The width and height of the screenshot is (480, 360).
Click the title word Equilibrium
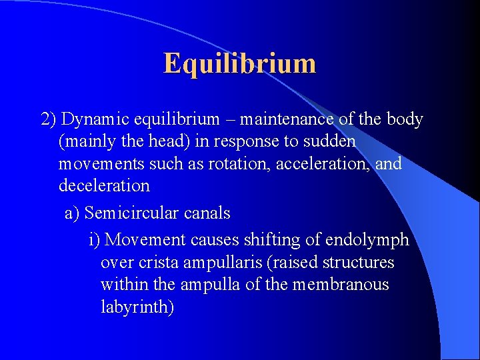tap(239, 63)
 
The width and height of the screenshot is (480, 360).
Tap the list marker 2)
tap(48, 119)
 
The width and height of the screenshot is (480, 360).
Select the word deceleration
tap(104, 185)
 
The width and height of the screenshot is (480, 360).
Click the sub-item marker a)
tap(72, 213)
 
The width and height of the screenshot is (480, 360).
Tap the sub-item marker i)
tap(95, 239)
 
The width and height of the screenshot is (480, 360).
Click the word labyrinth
tap(137, 307)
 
